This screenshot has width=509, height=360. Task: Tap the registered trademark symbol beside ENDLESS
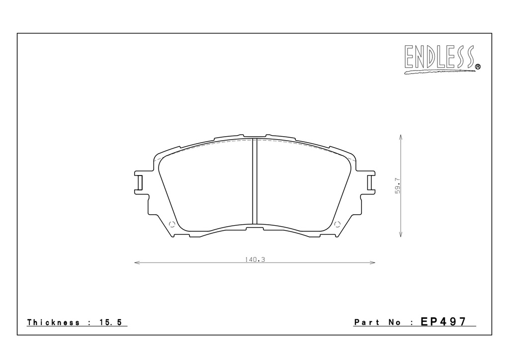pyautogui.click(x=478, y=67)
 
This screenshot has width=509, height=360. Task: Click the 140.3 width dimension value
pyautogui.click(x=255, y=260)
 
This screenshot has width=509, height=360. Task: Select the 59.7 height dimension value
pyautogui.click(x=398, y=185)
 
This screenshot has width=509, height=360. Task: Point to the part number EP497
pyautogui.click(x=443, y=321)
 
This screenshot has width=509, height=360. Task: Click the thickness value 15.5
pyautogui.click(x=110, y=322)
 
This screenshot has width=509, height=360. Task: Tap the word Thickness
pyautogui.click(x=53, y=322)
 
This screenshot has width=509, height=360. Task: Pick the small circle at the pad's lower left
pyautogui.click(x=172, y=224)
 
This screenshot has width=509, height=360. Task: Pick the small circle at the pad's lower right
pyautogui.click(x=338, y=224)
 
